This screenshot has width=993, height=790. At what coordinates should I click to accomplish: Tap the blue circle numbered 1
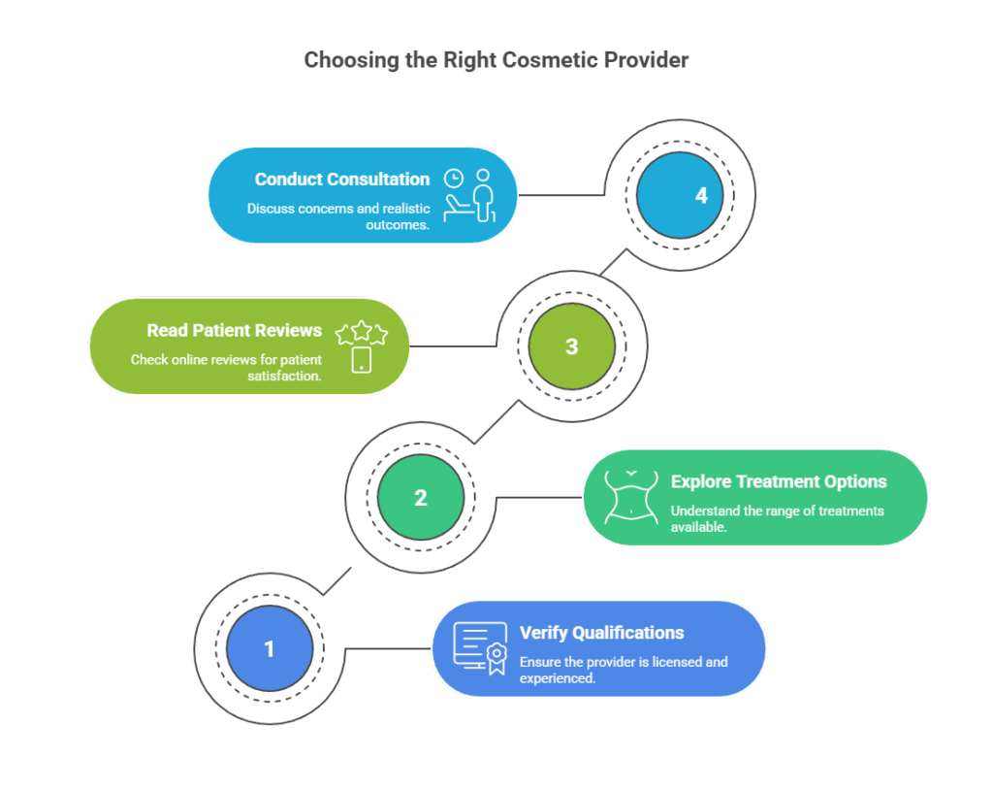(269, 648)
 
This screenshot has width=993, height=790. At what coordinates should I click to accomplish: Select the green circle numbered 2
(420, 498)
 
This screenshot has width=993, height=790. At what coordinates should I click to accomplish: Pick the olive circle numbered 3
(571, 346)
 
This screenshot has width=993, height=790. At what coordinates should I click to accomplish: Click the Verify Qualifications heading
(601, 633)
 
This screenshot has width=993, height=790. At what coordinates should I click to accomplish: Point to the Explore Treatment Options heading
(778, 481)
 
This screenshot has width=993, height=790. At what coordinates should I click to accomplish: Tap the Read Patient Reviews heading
(234, 330)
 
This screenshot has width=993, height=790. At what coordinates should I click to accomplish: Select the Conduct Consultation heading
(341, 180)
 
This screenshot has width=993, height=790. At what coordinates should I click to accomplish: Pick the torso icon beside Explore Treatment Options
(631, 497)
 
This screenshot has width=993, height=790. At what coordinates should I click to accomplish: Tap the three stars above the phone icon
(361, 334)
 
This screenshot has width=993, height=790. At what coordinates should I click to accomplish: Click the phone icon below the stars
(361, 360)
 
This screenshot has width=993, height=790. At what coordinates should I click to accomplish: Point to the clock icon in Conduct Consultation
(453, 179)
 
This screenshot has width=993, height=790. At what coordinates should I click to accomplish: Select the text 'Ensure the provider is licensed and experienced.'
(623, 670)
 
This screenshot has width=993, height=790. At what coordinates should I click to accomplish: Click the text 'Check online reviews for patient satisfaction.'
(226, 368)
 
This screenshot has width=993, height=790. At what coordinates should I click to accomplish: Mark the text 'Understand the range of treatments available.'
(777, 518)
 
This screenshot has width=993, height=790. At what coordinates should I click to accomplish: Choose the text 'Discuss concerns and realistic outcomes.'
(337, 215)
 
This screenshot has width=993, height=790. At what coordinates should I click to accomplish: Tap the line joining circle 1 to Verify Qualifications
(388, 648)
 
